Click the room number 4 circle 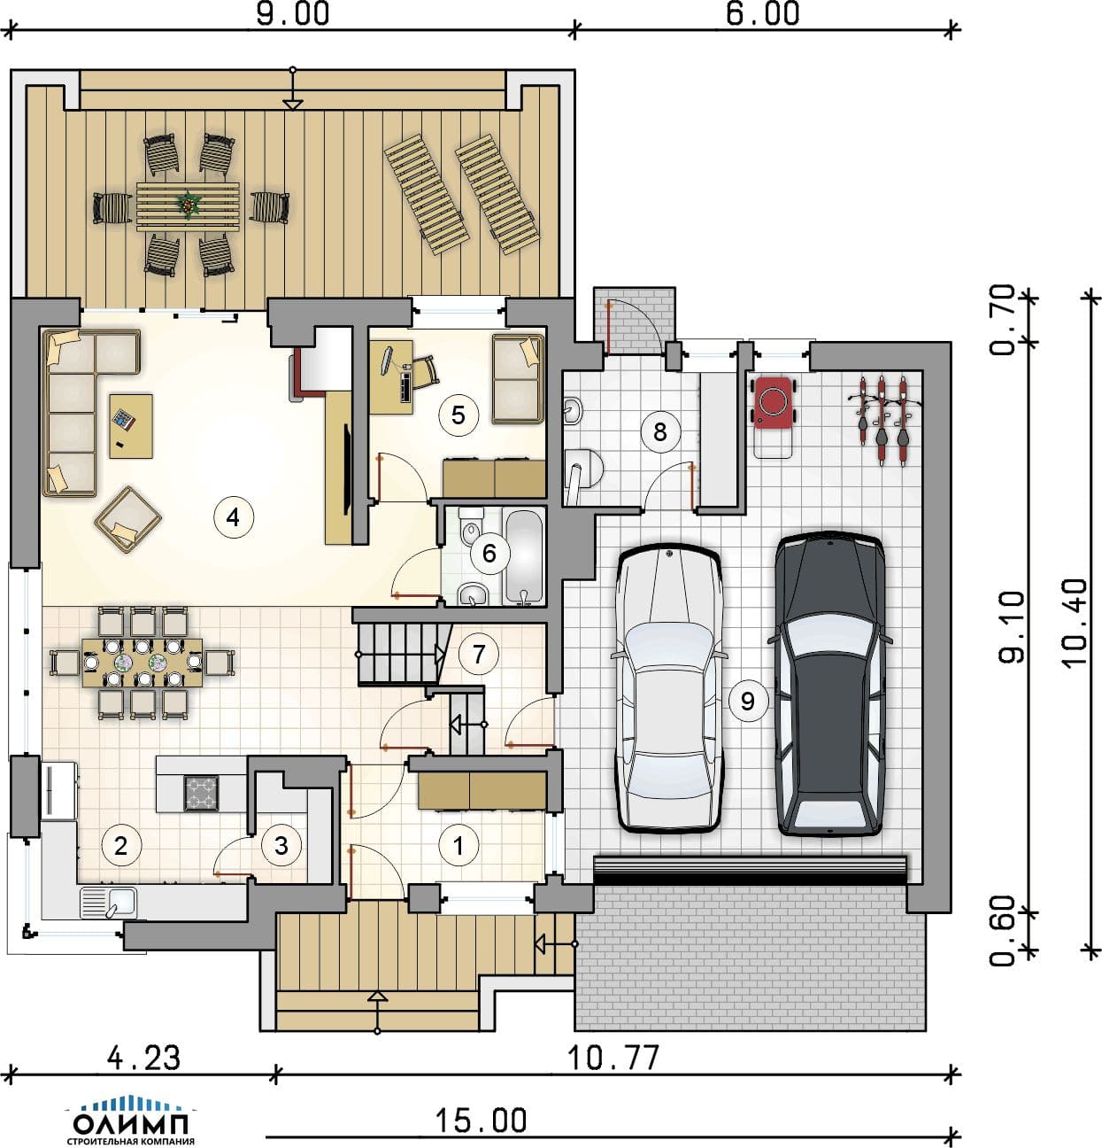coord(233,517)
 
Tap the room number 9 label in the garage coord(748,701)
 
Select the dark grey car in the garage coord(829,684)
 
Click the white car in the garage coord(668,688)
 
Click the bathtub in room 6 coord(524,557)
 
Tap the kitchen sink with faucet coord(109,904)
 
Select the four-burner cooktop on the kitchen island coord(202,793)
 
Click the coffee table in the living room coord(131,426)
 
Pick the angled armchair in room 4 coord(128,519)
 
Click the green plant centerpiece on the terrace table coord(188,203)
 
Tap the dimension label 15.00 coord(481,1121)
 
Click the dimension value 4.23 coord(144,1058)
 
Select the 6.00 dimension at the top coord(762,13)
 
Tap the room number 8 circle coord(659,431)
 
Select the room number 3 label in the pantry coord(281,845)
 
